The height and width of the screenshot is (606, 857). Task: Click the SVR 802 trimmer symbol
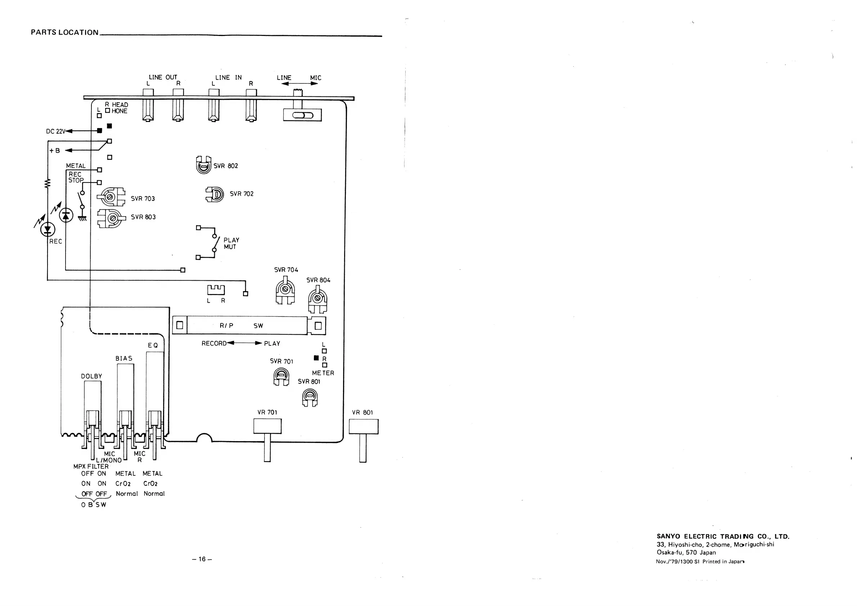tap(203, 165)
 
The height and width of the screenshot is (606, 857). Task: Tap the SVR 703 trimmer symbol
tap(111, 196)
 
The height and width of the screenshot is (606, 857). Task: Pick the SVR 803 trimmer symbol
tap(110, 218)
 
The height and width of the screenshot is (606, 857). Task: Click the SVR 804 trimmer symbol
tap(318, 299)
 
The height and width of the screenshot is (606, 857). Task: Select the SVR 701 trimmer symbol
tap(281, 376)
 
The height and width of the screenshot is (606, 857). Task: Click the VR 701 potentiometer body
tap(267, 426)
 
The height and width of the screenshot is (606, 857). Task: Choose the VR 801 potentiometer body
tap(363, 426)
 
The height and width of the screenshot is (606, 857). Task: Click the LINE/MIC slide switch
tap(302, 115)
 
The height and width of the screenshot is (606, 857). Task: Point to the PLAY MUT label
tap(231, 243)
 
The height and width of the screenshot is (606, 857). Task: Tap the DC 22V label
tap(55, 131)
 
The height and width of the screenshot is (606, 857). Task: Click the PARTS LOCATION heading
tap(64, 32)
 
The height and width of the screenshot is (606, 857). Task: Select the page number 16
tap(202, 559)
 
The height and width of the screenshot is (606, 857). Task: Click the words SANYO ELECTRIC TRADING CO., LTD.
tap(723, 537)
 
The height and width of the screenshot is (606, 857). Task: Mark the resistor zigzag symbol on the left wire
tap(48, 183)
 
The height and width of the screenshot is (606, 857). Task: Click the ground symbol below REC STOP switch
tap(82, 218)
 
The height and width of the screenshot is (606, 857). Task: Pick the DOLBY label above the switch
tap(91, 376)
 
